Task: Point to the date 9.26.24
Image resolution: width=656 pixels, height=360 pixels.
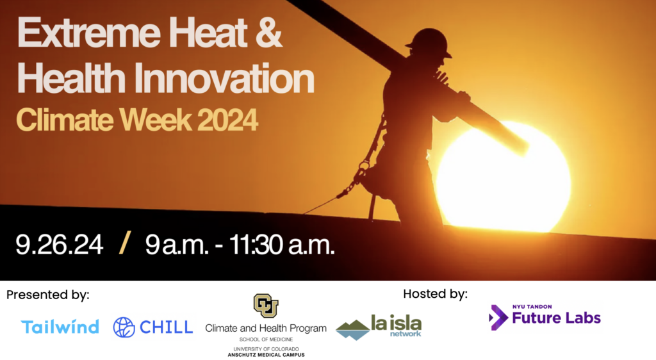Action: click(x=60, y=245)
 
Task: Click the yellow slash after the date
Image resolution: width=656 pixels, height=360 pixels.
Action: click(x=125, y=243)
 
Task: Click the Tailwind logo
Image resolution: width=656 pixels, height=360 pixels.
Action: click(x=60, y=327)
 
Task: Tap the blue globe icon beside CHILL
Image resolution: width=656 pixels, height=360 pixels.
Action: click(x=124, y=327)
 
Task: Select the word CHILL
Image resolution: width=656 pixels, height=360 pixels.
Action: click(x=167, y=327)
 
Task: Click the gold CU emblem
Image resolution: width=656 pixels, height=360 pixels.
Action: click(x=266, y=306)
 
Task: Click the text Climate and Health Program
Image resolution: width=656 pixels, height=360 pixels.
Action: click(x=266, y=329)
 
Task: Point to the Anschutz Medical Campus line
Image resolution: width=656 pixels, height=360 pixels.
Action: click(x=266, y=355)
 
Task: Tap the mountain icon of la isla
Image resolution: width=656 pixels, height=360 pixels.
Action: click(x=353, y=330)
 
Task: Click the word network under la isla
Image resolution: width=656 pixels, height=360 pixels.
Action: click(x=406, y=334)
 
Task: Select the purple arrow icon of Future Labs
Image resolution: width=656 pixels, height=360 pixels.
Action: click(x=498, y=317)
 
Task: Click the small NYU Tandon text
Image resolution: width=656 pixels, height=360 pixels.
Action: click(x=532, y=307)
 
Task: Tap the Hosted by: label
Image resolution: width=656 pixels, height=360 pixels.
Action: click(x=435, y=294)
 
